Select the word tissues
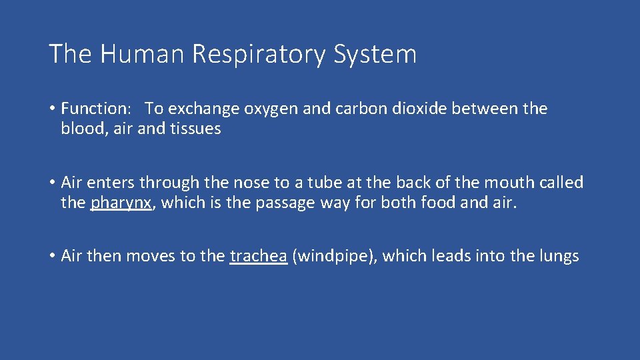pyautogui.click(x=195, y=129)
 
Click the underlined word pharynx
pyautogui.click(x=121, y=203)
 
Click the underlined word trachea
pyautogui.click(x=258, y=256)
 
